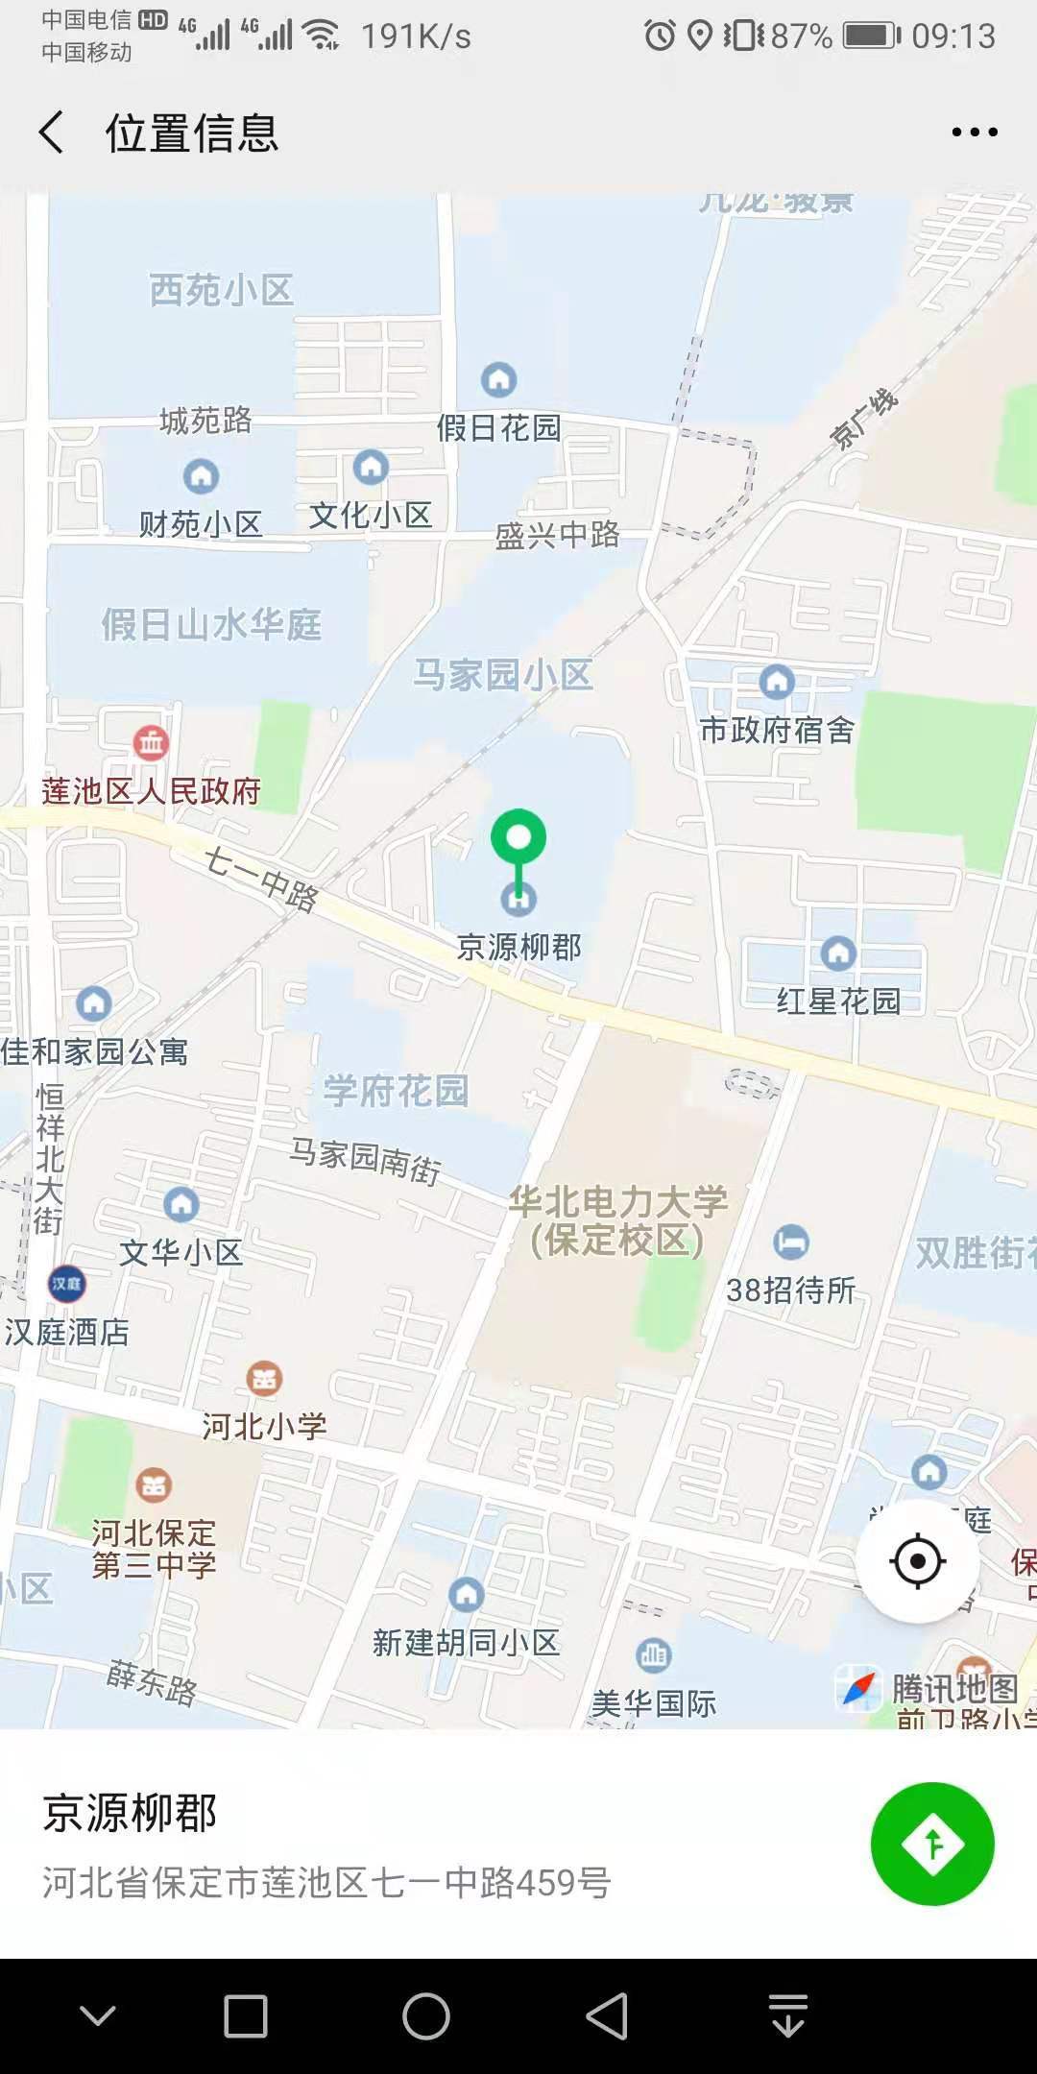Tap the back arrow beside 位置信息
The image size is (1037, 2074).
[53, 133]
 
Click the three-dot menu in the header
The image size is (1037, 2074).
[975, 133]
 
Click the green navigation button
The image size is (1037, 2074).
[932, 1844]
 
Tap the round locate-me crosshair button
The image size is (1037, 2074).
[917, 1561]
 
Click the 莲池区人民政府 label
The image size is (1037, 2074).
[152, 791]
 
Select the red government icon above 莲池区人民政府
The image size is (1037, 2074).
[151, 742]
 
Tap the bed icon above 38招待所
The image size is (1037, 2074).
[791, 1242]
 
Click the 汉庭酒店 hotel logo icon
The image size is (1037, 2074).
[66, 1284]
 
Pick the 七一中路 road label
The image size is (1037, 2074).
[260, 879]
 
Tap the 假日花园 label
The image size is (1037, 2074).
[499, 427]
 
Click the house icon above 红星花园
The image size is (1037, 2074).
[838, 953]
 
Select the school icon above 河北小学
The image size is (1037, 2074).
[264, 1379]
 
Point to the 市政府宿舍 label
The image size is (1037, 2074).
[777, 730]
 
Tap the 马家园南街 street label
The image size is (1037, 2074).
[366, 1159]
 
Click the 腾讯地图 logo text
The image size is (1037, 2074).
[953, 1687]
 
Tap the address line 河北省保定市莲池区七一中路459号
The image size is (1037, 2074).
[326, 1883]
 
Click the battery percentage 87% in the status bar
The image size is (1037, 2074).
[801, 36]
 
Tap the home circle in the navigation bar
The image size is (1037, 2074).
[426, 2015]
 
